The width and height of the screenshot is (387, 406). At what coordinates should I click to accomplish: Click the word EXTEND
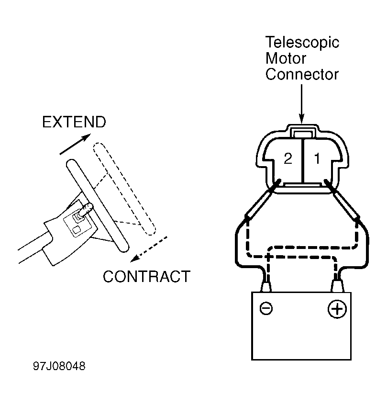coord(74,122)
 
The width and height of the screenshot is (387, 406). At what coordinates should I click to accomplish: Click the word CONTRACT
coord(147,277)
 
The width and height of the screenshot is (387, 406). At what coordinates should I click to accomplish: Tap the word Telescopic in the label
coord(302,43)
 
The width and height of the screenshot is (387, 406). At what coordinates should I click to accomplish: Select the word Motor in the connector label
coord(286,58)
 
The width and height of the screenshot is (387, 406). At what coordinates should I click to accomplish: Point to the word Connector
coord(302,74)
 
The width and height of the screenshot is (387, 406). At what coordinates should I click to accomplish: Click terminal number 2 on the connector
coord(288,158)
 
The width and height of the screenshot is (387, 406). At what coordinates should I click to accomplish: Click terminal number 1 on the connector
coord(317,158)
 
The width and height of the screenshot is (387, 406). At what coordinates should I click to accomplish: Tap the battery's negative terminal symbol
coord(266,308)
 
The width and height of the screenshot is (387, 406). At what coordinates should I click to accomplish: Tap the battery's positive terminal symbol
coord(337,309)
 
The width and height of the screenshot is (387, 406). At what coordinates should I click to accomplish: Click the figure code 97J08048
coord(59,366)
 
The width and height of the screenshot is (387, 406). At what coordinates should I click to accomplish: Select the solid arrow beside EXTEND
coord(75,144)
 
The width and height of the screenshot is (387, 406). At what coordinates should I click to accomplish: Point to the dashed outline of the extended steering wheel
coord(124,189)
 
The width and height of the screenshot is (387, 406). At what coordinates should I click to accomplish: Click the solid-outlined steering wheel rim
coord(98,205)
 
